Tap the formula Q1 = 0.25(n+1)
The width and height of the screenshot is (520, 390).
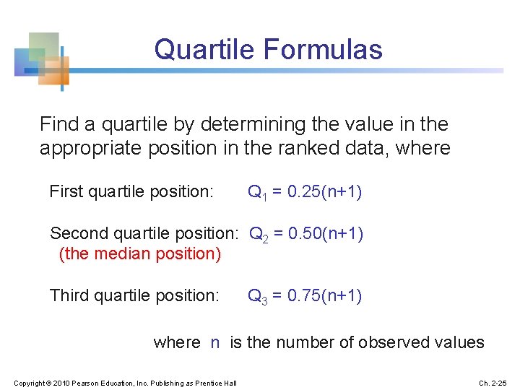(x=305, y=192)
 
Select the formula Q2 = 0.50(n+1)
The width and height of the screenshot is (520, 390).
(x=306, y=234)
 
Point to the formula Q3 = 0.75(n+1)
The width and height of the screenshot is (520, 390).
(x=305, y=296)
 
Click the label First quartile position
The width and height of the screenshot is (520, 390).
(x=131, y=192)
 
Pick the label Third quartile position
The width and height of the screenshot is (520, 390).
(x=134, y=296)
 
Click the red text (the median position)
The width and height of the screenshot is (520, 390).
(x=140, y=254)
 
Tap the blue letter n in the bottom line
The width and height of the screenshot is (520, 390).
(x=215, y=342)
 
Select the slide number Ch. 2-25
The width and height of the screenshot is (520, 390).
(x=493, y=382)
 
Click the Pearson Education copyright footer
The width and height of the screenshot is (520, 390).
(x=124, y=382)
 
